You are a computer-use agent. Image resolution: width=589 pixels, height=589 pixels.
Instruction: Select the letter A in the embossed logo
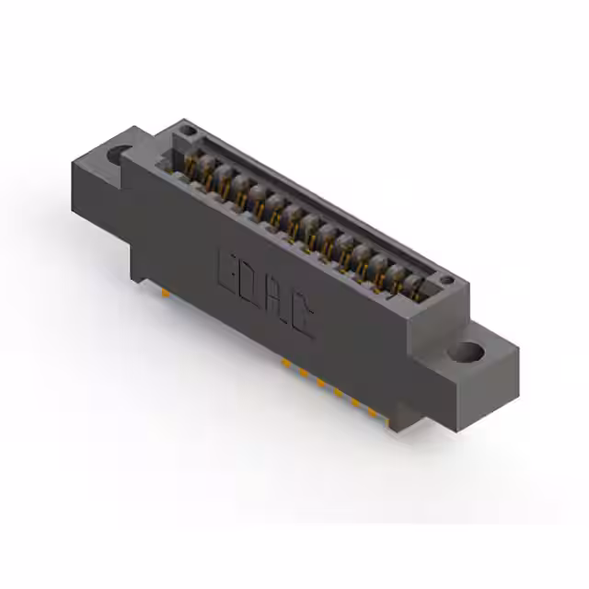277,306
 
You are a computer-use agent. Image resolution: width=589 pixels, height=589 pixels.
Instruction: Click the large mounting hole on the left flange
118,155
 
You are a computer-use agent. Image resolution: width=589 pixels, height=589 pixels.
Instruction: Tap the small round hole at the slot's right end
445,280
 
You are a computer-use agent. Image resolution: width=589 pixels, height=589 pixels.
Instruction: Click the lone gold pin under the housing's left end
164,293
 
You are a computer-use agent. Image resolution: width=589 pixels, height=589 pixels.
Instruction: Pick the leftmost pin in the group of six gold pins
284,364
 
